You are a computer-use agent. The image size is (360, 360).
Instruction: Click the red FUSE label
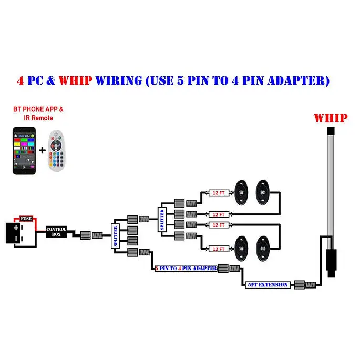(26, 218)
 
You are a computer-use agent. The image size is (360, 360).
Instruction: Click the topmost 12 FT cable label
(219, 192)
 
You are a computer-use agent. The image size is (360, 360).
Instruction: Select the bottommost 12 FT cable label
(219, 249)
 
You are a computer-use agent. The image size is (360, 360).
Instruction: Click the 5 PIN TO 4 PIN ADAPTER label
(186, 268)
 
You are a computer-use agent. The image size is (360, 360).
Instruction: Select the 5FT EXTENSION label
(268, 284)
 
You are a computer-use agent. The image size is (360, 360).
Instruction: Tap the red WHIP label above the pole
(330, 118)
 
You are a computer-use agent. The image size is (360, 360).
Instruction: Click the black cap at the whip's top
(331, 130)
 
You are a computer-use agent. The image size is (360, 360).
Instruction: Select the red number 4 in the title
(20, 81)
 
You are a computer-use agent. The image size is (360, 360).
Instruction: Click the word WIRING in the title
(118, 81)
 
